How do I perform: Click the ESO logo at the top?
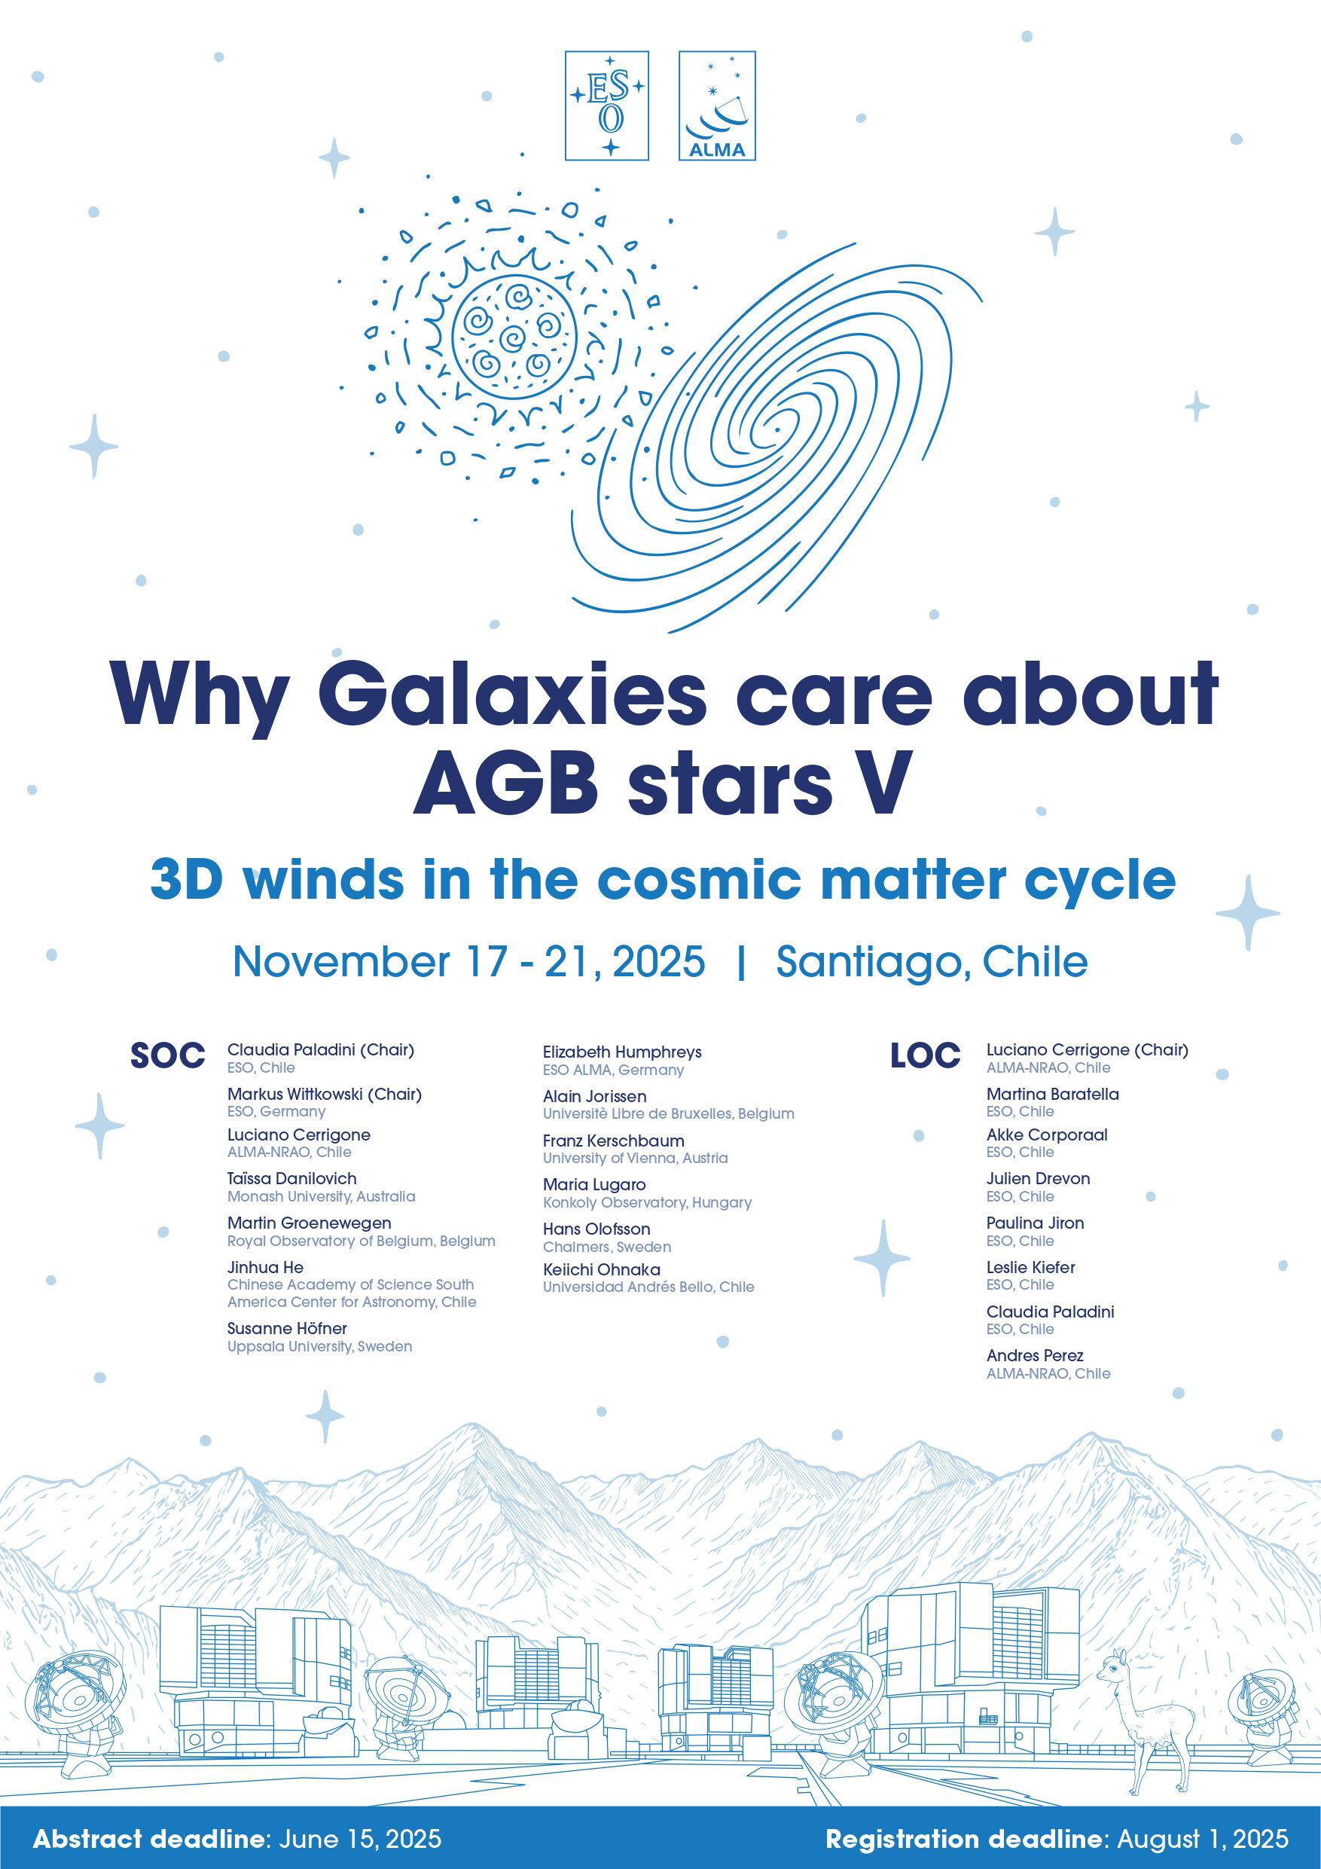606,105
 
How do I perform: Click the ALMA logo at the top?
717,105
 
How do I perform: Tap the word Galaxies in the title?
512,694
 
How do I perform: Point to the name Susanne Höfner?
286,1328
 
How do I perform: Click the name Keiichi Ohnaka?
602,1269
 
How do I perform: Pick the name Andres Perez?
1035,1355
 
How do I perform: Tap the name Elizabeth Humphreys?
622,1052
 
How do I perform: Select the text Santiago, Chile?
932,961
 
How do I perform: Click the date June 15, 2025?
360,1839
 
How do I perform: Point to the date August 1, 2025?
1203,1839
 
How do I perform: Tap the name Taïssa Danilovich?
291,1178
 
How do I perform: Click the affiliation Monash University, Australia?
321,1196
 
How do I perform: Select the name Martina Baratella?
1052,1094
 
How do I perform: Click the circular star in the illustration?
514,337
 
